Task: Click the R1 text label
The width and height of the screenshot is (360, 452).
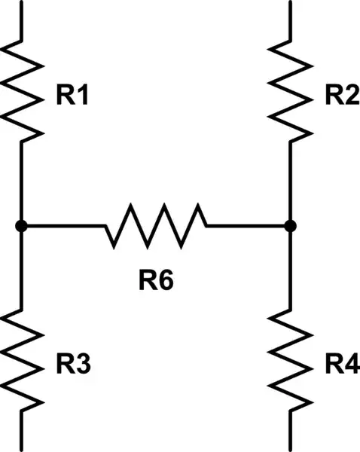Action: (72, 96)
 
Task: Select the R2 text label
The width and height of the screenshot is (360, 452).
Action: (341, 96)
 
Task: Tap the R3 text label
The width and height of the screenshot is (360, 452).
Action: (74, 365)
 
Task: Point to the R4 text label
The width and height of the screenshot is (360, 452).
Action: (342, 365)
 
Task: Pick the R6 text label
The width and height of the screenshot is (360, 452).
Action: (155, 280)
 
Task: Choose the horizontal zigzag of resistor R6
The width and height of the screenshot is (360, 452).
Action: (156, 225)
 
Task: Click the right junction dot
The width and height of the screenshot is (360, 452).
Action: (290, 225)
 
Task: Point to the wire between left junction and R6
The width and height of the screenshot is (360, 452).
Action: (64, 225)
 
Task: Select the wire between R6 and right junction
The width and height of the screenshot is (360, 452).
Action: (247, 225)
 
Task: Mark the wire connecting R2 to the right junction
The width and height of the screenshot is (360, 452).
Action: (290, 181)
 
